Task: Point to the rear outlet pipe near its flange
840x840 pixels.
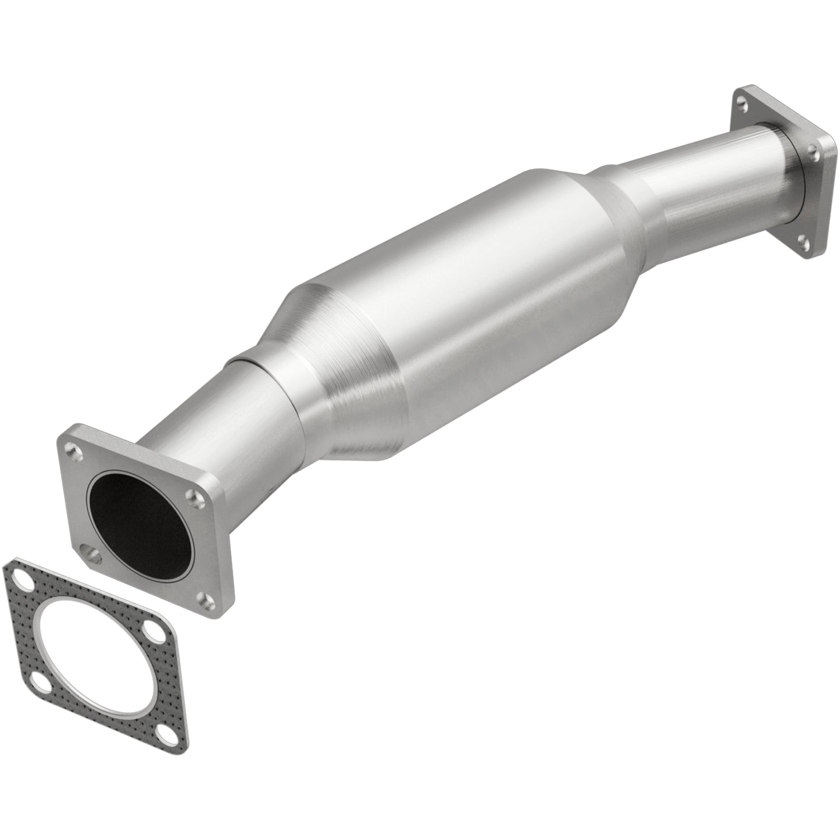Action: point(727,174)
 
